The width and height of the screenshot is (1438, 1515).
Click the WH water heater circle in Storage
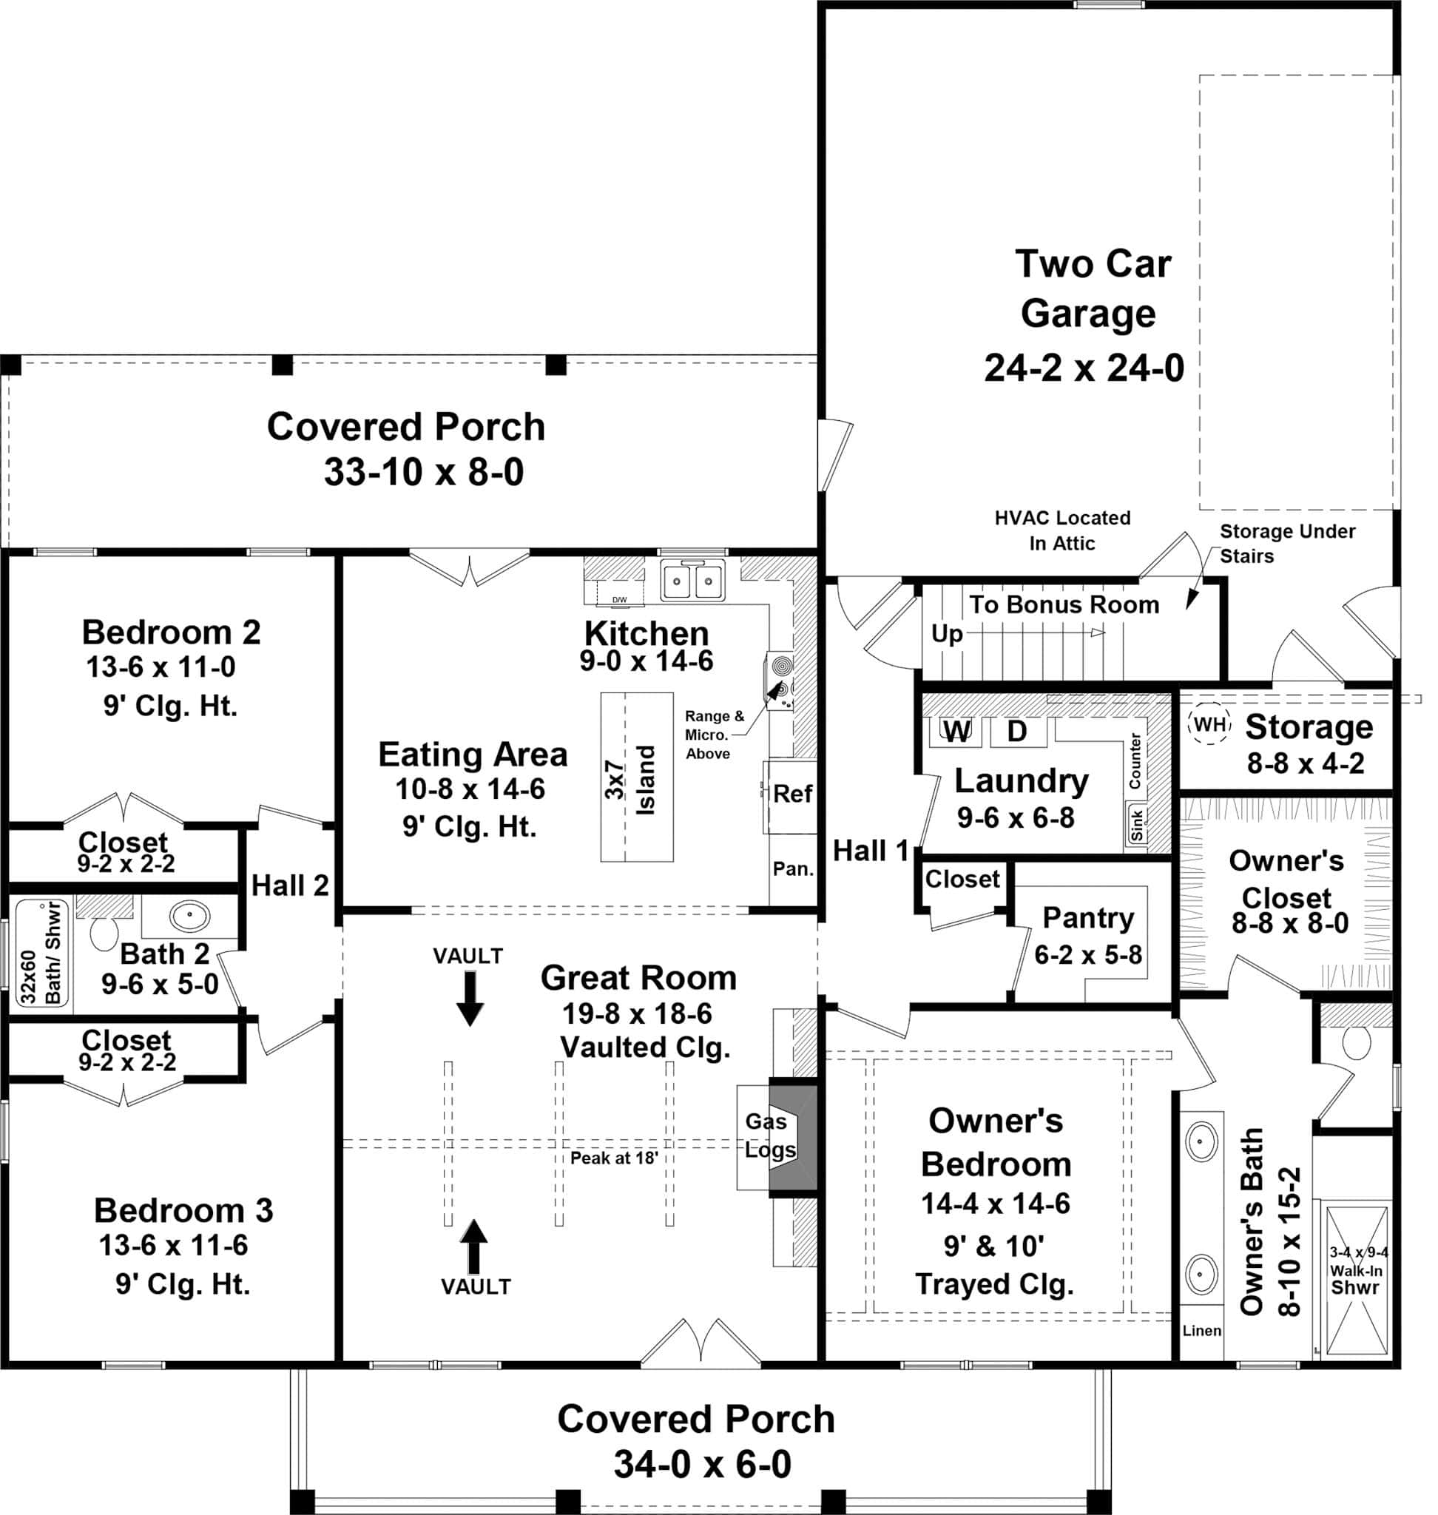pos(1209,723)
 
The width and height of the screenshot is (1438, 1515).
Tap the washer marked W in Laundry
pos(955,732)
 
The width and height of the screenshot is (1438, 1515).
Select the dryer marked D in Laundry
pos(1016,732)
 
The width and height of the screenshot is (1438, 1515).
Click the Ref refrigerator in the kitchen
pos(791,794)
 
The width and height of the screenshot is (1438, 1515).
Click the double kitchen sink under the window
pos(692,581)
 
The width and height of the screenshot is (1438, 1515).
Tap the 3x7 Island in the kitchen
pos(636,777)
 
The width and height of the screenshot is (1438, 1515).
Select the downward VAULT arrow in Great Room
pos(469,997)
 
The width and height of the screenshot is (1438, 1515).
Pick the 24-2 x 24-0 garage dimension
pos(1084,368)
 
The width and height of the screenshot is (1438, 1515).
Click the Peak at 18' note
pos(614,1158)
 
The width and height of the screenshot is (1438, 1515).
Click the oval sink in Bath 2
pos(189,916)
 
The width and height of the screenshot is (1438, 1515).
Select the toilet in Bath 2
pos(104,931)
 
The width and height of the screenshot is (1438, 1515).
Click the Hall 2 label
pos(290,885)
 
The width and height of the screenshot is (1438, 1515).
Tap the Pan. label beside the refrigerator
pos(792,868)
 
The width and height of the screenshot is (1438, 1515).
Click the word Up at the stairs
pos(947,634)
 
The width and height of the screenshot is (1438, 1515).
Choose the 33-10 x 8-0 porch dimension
pos(423,471)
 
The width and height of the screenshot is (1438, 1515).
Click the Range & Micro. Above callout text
pos(713,735)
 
